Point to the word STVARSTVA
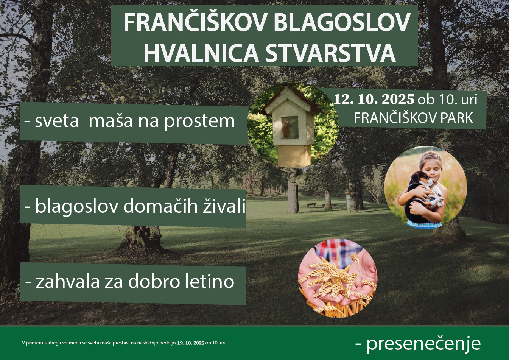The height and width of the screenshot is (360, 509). click(331, 53)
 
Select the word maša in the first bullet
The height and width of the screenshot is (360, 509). click(111, 120)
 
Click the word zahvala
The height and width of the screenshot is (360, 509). click(68, 281)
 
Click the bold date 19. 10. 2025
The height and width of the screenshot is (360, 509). click(191, 343)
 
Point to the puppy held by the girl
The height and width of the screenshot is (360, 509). click(424, 197)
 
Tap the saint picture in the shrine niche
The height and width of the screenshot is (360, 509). click(290, 128)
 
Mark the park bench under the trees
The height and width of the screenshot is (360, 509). click(311, 205)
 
